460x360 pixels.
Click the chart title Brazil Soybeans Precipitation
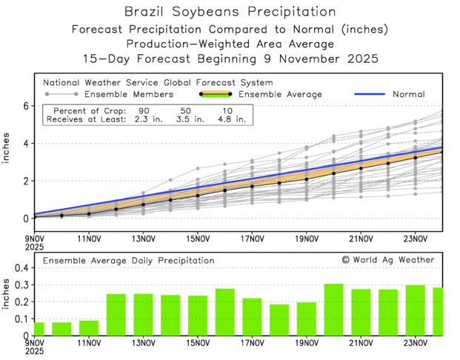click(229, 12)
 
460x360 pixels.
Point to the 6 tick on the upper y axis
click(24, 106)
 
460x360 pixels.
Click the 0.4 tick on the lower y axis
click(21, 268)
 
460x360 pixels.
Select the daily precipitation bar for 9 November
click(39, 329)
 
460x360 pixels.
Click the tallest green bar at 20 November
click(333, 310)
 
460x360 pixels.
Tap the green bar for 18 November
click(279, 320)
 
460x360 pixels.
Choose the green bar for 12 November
click(116, 315)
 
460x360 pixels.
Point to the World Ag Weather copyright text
click(388, 260)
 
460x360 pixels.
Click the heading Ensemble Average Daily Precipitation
click(128, 261)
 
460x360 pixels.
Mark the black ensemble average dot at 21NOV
click(361, 168)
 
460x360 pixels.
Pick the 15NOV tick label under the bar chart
click(198, 344)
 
